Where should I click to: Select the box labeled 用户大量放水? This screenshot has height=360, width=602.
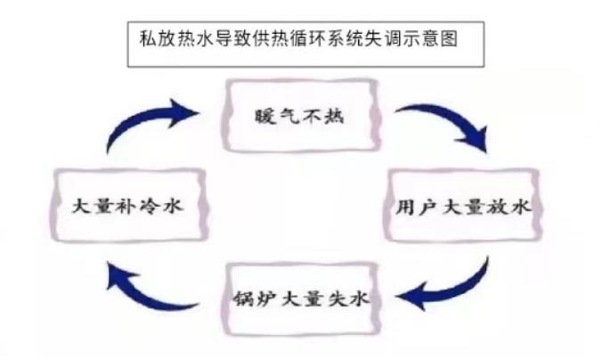[462, 208]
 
